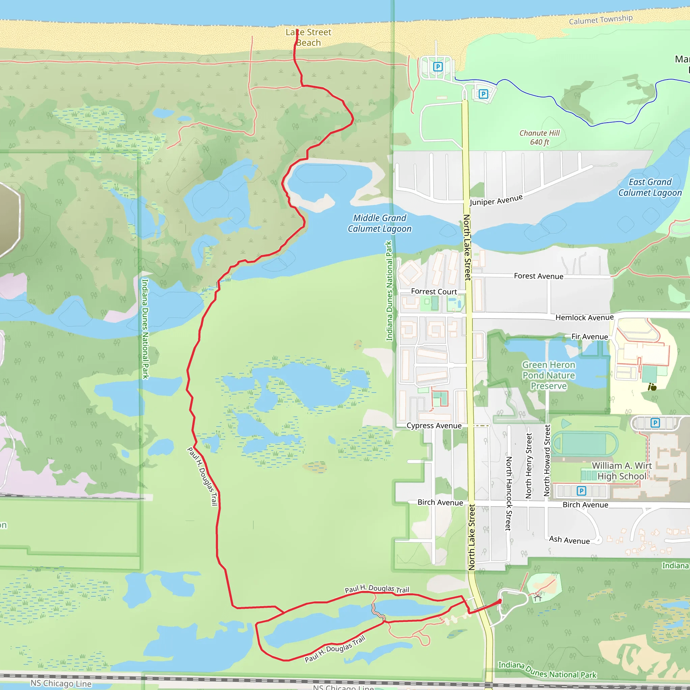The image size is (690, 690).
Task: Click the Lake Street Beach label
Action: click(x=308, y=37)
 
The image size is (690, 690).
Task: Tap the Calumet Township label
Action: click(x=601, y=20)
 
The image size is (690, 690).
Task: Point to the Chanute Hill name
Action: click(x=539, y=133)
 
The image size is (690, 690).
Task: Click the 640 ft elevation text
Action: click(x=539, y=142)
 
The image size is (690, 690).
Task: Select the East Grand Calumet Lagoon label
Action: click(x=650, y=188)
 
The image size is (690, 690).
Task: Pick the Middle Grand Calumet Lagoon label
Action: click(x=380, y=223)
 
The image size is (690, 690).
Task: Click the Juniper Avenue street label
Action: click(x=496, y=200)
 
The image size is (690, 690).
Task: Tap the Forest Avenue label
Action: click(x=539, y=276)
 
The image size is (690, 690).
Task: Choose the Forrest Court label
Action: click(x=434, y=292)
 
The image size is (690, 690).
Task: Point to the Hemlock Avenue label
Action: click(x=584, y=317)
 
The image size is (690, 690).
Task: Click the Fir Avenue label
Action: click(x=590, y=337)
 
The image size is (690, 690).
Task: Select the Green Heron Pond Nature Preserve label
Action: click(x=548, y=375)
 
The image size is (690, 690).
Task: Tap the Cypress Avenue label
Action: click(x=434, y=426)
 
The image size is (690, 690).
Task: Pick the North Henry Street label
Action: click(x=529, y=466)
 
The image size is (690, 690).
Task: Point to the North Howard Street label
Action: click(x=547, y=460)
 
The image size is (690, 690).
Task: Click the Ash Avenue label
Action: click(x=569, y=540)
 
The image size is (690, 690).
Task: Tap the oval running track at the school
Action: click(x=585, y=444)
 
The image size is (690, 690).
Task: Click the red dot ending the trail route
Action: click(x=500, y=601)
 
